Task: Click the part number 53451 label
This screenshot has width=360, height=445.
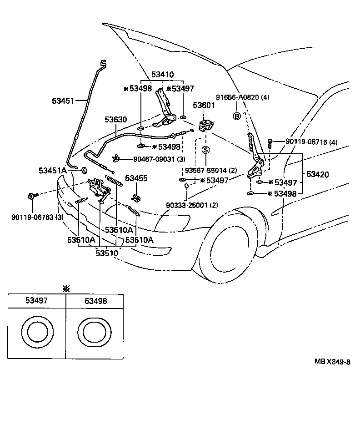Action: [x=62, y=101]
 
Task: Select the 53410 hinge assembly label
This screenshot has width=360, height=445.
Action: [x=162, y=75]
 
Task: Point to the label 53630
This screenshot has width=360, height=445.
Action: [x=115, y=120]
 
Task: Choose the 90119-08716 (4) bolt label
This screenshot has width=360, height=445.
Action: [x=312, y=142]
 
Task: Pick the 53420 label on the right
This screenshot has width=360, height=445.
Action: [x=318, y=174]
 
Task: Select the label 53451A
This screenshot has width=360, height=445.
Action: [x=53, y=170]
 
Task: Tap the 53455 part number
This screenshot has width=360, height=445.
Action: [x=136, y=178]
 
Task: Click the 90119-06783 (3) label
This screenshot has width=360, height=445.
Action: [x=37, y=217]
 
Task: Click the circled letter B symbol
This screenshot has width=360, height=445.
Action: [x=236, y=116]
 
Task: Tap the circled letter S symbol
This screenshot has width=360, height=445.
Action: [x=205, y=150]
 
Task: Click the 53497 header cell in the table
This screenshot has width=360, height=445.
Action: [x=36, y=300]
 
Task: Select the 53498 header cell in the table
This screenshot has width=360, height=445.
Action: [x=94, y=300]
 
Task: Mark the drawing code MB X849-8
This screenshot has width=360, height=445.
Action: [x=332, y=362]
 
